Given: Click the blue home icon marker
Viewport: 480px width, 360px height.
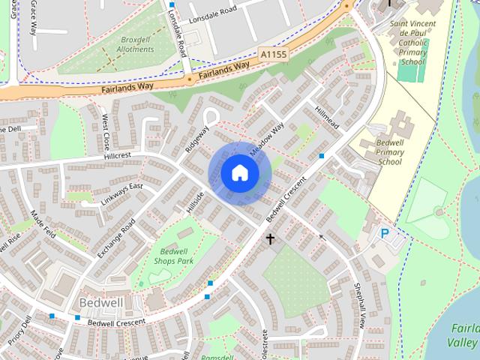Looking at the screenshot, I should click(x=239, y=173).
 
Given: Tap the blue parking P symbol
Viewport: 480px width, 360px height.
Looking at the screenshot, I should click(x=385, y=234).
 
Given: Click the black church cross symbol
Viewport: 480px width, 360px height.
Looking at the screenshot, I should click(x=270, y=239).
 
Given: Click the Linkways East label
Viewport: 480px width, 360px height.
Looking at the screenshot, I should click(x=121, y=193).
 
